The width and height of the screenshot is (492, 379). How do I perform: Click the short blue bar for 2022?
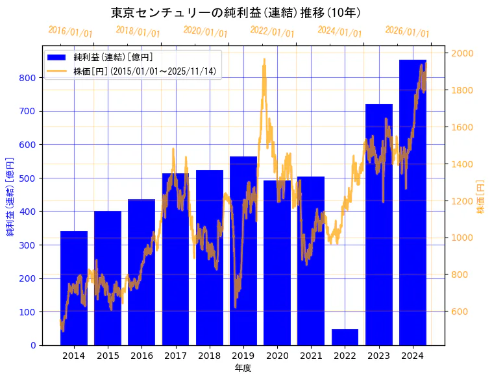tap(345, 337)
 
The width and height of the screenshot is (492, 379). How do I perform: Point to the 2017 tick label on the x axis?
tap(175, 356)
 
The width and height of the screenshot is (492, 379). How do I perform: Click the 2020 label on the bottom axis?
tap(277, 356)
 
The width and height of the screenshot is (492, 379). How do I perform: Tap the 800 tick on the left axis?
tap(29, 78)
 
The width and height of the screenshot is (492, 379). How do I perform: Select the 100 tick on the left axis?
tap(29, 312)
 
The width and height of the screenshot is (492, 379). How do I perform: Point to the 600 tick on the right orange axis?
tap(460, 312)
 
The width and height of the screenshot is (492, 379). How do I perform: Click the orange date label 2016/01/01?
tap(70, 32)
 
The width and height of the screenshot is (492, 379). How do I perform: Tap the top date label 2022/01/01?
tap(272, 32)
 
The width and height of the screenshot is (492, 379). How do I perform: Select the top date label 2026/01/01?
tap(407, 32)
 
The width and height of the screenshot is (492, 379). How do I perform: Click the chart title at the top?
tap(236, 12)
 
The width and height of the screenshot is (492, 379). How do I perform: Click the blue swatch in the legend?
tap(56, 58)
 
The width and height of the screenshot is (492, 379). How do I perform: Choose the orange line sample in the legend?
tap(56, 71)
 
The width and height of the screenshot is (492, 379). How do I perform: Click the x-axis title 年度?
tap(243, 368)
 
